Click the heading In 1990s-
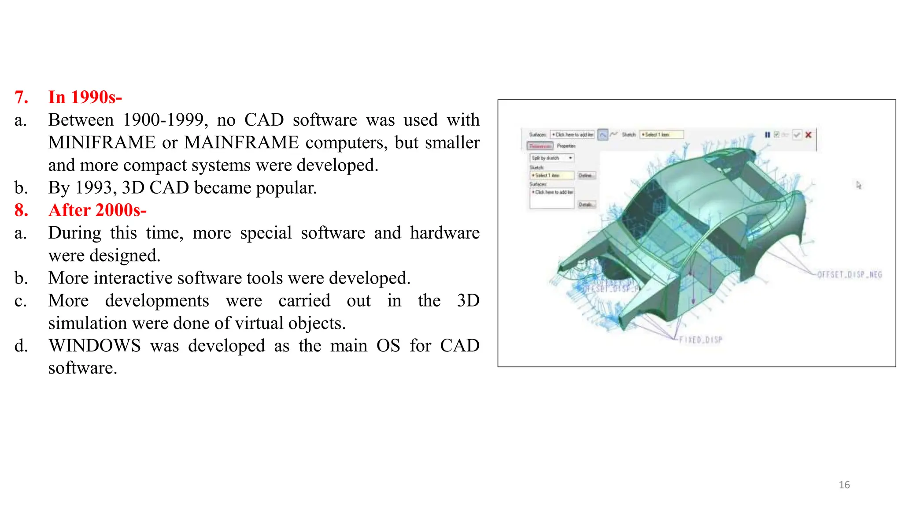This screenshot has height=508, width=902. click(x=85, y=97)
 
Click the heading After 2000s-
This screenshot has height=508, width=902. click(x=97, y=210)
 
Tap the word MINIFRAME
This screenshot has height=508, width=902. click(x=101, y=142)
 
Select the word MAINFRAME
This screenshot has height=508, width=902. click(x=241, y=142)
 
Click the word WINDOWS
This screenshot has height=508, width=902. click(x=95, y=345)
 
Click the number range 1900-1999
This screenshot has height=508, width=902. click(x=163, y=120)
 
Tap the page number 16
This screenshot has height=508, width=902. click(x=844, y=485)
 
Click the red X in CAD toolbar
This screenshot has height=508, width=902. click(x=808, y=135)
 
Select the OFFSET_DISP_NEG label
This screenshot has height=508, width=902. click(x=849, y=275)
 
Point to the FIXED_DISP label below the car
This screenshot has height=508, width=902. click(x=700, y=340)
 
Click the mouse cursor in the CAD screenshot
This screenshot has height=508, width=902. click(x=858, y=185)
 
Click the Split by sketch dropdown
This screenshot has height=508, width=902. click(x=551, y=158)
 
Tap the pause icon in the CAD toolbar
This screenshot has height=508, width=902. click(x=767, y=135)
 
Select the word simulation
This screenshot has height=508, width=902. click(x=88, y=323)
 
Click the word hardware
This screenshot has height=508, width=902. click(x=444, y=233)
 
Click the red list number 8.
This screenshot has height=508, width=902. click(x=21, y=210)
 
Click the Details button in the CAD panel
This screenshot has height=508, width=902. click(x=586, y=205)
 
